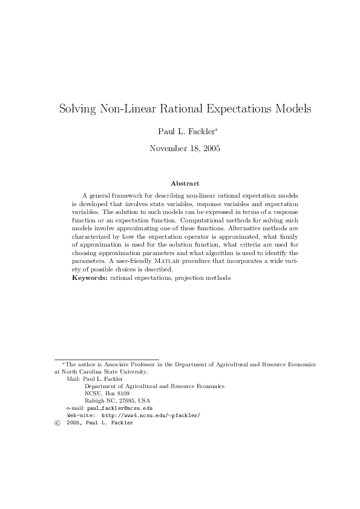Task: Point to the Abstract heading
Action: point(185,183)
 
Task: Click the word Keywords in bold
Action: point(90,277)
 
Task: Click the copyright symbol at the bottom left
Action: point(57,423)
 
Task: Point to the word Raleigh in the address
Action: point(95,401)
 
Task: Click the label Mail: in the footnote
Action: point(73,378)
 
